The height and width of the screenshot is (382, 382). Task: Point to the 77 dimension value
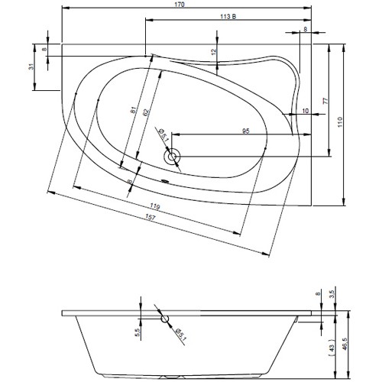pos(325,101)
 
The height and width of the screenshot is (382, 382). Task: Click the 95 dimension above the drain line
pos(247,131)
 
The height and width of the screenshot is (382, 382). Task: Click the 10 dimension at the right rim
pos(306,112)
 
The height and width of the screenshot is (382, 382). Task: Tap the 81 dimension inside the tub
pos(134,113)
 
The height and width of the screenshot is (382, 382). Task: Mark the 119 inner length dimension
pos(156,206)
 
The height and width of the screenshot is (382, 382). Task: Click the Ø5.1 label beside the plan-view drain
pos(162,135)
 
